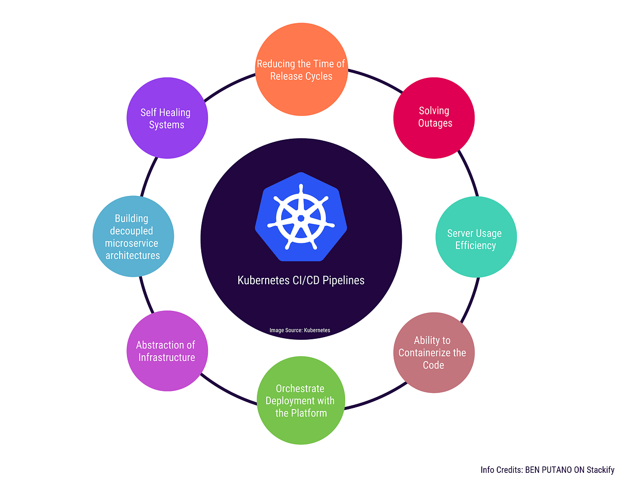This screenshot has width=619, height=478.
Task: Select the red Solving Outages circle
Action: (x=434, y=118)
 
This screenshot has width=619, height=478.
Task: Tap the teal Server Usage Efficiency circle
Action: (x=475, y=239)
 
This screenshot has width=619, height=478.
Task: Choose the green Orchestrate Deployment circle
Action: (x=301, y=400)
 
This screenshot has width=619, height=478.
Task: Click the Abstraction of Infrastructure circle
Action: (x=167, y=351)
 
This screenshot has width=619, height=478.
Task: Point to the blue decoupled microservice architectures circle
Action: (x=133, y=237)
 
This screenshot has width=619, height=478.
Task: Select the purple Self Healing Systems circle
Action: (x=167, y=118)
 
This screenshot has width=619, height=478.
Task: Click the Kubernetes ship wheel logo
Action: (x=301, y=218)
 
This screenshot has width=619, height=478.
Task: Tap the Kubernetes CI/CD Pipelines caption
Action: (x=301, y=281)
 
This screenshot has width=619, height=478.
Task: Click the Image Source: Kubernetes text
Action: (x=300, y=330)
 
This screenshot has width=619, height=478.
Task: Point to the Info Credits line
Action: (x=547, y=470)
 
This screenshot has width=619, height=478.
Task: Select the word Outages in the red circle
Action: (x=435, y=123)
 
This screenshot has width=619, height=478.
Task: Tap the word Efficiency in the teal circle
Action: (x=475, y=245)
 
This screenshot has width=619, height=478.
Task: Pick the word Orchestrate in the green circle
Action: (x=300, y=388)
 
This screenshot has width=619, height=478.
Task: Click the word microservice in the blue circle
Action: (x=132, y=243)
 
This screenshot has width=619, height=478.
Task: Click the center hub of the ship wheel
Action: (x=301, y=218)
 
